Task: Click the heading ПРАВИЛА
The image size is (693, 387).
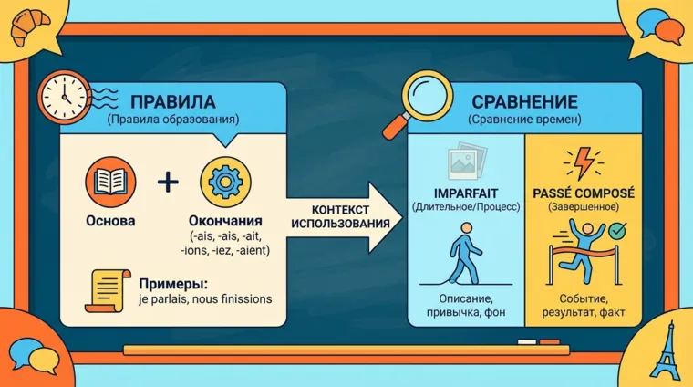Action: [172, 99]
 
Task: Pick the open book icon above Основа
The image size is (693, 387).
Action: [109, 179]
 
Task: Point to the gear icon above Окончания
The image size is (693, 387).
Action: [224, 181]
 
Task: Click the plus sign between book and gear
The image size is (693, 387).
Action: [168, 182]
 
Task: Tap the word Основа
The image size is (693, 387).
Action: [109, 221]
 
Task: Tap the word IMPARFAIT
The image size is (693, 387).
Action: [465, 193]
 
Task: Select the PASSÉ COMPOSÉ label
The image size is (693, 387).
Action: [582, 193]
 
